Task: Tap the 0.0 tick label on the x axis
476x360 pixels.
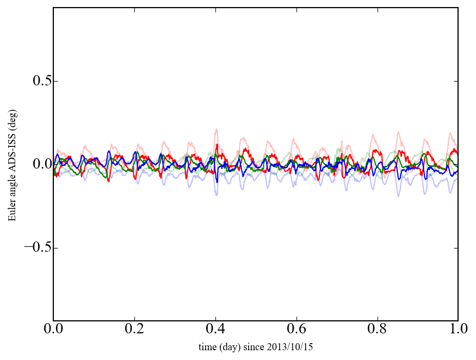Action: tap(53, 330)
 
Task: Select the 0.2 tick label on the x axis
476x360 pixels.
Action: tap(134, 330)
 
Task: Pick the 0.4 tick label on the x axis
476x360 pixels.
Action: tap(215, 330)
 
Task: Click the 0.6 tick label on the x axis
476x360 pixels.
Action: tap(296, 330)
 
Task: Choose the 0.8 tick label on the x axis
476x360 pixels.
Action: tap(377, 330)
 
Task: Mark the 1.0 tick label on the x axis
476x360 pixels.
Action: tap(458, 330)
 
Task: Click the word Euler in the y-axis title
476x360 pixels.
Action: tap(12, 211)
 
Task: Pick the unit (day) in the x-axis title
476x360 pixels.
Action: tap(232, 347)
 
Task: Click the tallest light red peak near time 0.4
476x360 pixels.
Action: tap(217, 129)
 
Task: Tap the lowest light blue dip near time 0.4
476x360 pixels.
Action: tap(217, 194)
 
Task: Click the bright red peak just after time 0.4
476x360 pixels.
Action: tap(218, 145)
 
